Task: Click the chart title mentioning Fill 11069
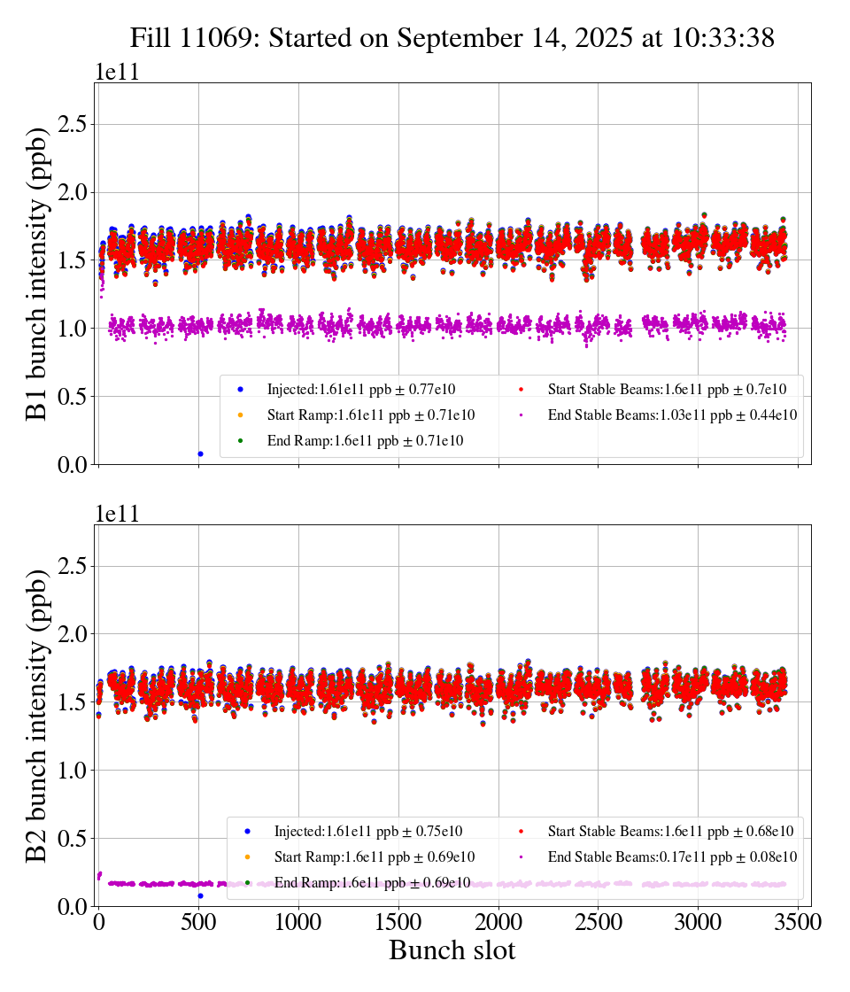pos(452,38)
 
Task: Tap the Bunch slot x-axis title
pos(452,950)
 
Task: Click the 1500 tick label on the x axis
pos(398,921)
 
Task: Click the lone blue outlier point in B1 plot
pos(200,453)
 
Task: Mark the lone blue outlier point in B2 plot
pos(200,895)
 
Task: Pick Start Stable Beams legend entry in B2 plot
pos(669,831)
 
